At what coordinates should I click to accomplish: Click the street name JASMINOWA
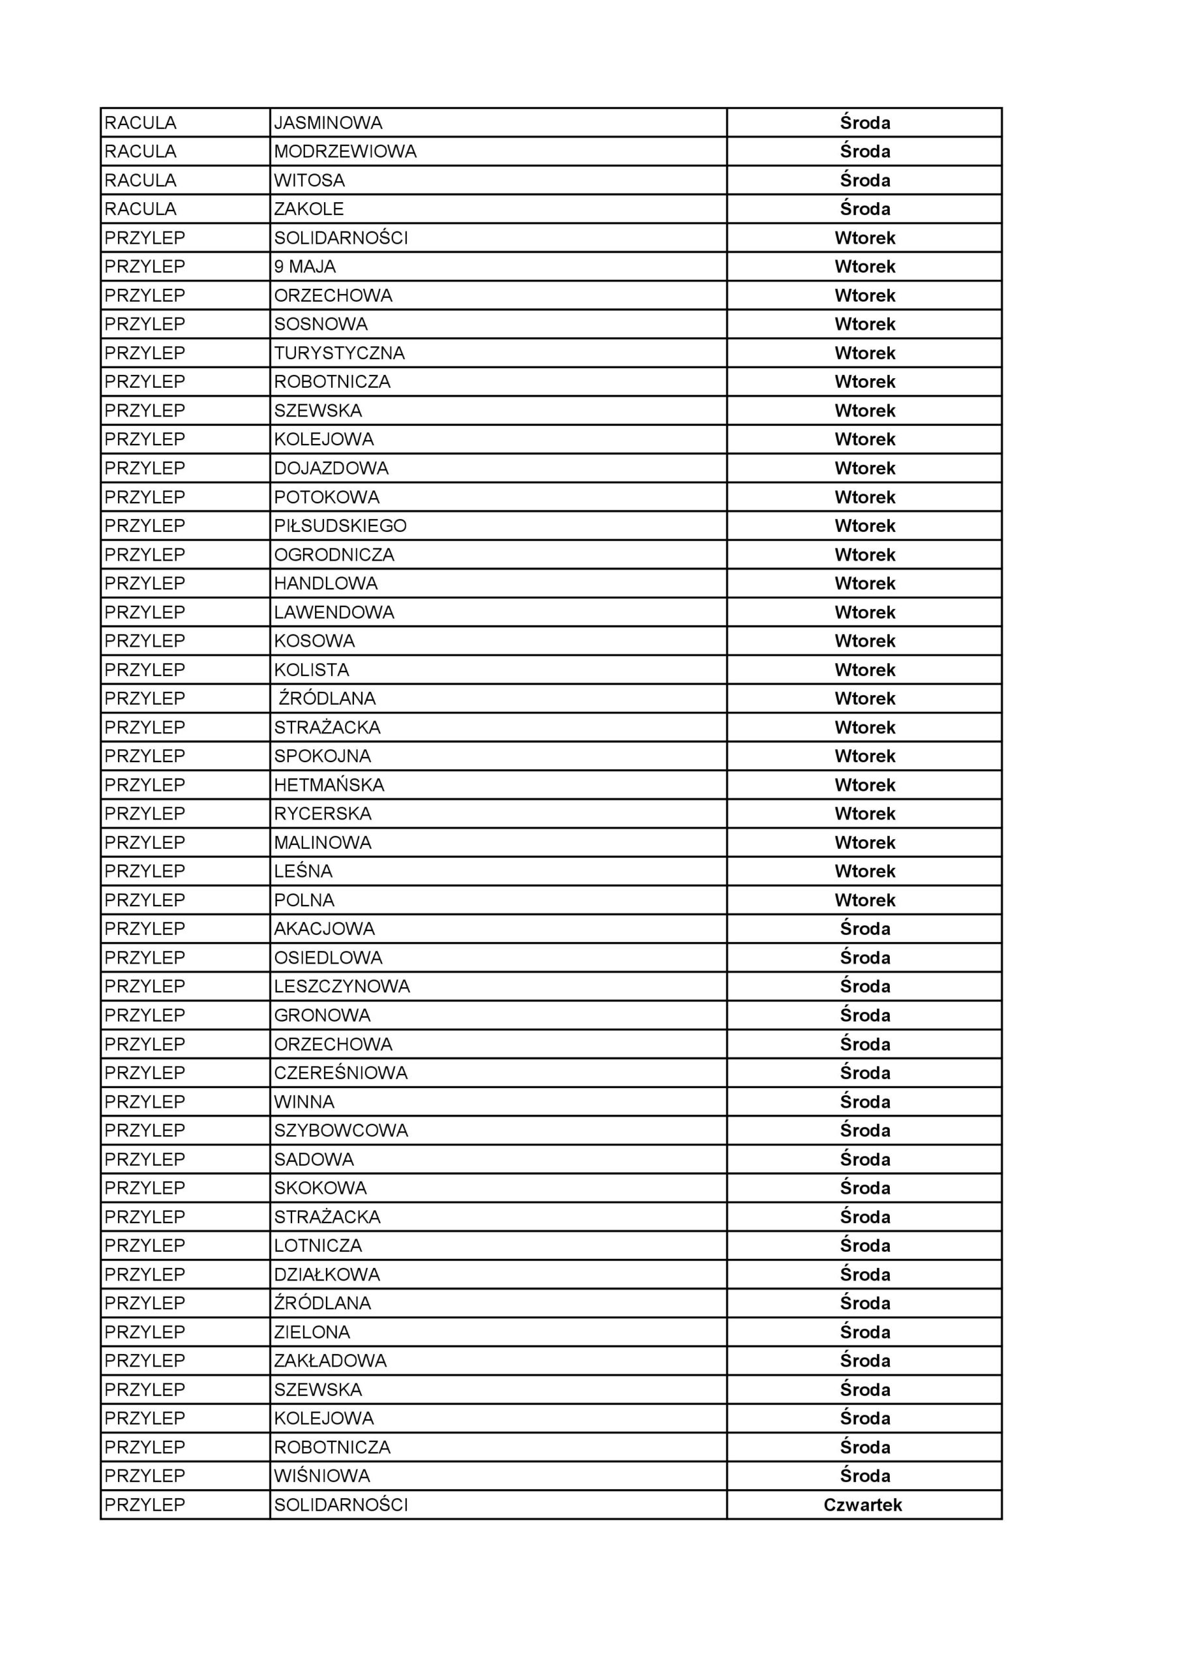tap(328, 123)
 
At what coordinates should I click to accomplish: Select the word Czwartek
tap(863, 1505)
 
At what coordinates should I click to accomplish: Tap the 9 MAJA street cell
tap(304, 267)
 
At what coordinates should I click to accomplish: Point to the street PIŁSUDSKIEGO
tap(340, 525)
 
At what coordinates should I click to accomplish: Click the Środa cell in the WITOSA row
tap(864, 181)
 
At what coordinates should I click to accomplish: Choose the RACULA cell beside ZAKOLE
tap(140, 209)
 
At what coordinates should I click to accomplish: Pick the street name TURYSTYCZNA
tap(339, 353)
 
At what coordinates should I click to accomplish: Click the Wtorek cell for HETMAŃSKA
tap(864, 785)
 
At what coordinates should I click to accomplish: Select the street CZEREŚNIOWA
tap(340, 1073)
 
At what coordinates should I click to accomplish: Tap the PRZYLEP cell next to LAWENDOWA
tap(145, 612)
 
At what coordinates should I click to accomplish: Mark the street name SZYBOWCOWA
tap(341, 1130)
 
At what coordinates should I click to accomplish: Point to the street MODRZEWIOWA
tap(346, 152)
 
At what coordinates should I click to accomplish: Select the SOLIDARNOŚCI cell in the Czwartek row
tap(341, 1505)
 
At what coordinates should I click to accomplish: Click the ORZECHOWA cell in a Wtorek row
tap(333, 296)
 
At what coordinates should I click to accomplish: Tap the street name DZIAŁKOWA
tap(327, 1275)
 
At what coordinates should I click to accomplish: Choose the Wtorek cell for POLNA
tap(864, 900)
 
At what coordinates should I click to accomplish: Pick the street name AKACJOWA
tap(324, 929)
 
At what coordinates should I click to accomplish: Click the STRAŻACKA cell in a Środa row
tap(327, 1217)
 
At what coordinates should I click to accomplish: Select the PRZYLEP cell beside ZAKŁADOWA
tap(145, 1361)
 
